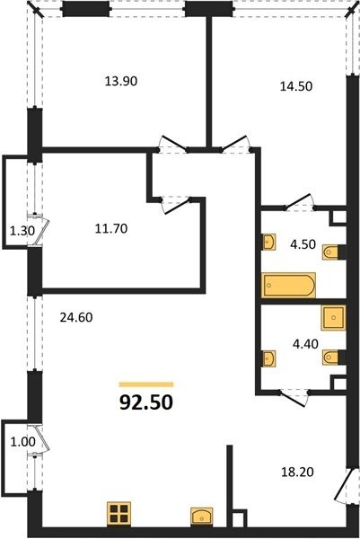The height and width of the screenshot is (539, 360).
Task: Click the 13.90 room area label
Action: [x=121, y=82]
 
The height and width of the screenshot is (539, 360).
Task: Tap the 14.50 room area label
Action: [x=296, y=86]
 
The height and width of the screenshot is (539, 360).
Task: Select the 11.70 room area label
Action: [x=111, y=228]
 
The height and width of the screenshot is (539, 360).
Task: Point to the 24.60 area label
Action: [x=76, y=317]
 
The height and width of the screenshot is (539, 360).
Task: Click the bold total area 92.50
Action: [x=146, y=402]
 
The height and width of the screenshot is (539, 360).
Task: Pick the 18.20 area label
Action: [x=297, y=472]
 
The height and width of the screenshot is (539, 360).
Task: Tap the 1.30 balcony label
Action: [x=22, y=231]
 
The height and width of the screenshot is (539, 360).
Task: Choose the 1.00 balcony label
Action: [x=23, y=442]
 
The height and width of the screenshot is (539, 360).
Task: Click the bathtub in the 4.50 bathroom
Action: [x=289, y=285]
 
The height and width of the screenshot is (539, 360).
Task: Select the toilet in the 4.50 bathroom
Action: [x=330, y=252]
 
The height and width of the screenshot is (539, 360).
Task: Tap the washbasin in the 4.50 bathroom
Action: [x=269, y=242]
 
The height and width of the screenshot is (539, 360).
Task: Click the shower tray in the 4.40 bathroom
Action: [x=333, y=318]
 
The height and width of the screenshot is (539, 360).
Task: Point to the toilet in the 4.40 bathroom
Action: [x=330, y=357]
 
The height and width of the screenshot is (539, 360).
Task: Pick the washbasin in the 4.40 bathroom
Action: [x=269, y=358]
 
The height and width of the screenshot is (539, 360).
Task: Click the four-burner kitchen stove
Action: [x=119, y=514]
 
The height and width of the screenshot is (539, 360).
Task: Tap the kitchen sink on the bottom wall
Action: [x=202, y=517]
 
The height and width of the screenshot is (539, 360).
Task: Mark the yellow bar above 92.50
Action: [x=146, y=384]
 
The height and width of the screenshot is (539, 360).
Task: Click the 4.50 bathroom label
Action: [x=303, y=244]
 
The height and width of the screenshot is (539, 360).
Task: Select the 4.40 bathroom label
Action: [x=305, y=344]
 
